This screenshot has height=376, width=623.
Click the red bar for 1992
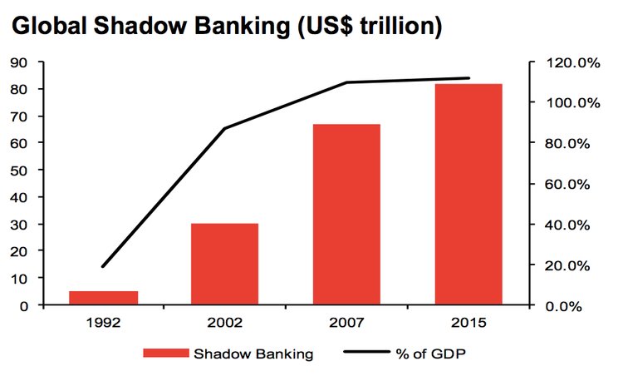coord(104,298)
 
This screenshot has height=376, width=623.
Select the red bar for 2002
coord(225,265)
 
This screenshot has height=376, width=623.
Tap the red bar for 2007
coord(347,215)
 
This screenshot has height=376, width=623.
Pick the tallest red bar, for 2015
coord(468,195)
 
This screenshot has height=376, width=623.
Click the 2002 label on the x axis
coord(225,323)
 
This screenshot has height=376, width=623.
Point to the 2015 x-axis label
coord(468,323)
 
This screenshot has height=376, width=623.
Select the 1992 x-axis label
coord(104,323)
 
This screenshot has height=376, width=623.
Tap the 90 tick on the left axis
coord(20,62)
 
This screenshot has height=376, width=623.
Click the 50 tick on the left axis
coord(20,171)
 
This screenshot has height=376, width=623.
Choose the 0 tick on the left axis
coord(24,306)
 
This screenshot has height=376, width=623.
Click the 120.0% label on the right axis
coord(573,63)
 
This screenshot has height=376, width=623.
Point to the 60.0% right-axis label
coord(567,184)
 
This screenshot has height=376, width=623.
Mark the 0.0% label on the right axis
coord(564,306)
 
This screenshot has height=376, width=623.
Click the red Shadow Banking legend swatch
coord(166,353)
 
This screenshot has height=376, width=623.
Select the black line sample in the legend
coord(366,352)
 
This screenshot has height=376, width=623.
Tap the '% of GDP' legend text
coord(430,354)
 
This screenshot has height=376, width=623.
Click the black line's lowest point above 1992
coord(103,266)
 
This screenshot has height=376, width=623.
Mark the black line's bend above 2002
coord(225,128)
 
